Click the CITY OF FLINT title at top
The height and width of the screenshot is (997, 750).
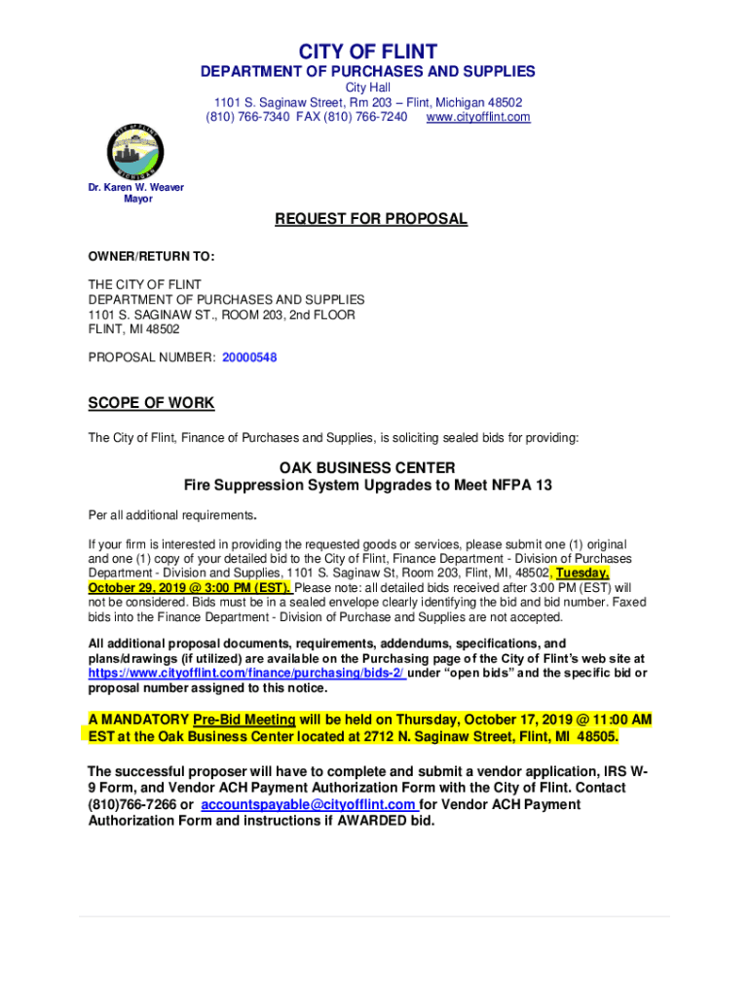[367, 51]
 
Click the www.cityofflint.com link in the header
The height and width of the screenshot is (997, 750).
[478, 117]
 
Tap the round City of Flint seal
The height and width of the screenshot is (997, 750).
[134, 151]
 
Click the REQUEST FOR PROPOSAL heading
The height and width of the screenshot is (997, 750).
[371, 219]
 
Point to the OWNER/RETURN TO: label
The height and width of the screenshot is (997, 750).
[151, 257]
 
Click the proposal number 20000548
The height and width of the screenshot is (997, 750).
[249, 357]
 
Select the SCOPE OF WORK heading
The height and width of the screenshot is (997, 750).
[151, 403]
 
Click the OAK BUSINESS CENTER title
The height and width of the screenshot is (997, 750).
[367, 467]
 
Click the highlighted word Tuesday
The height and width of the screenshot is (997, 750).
[583, 573]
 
